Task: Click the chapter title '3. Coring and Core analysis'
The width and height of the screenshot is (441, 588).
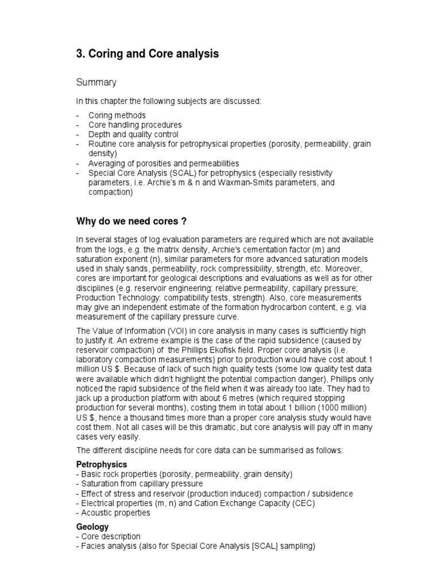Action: [x=148, y=54]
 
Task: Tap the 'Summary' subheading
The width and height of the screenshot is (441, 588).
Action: [x=97, y=83]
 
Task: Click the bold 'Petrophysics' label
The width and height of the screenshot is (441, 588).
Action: [x=102, y=464]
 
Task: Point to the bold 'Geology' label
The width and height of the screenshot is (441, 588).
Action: [x=92, y=527]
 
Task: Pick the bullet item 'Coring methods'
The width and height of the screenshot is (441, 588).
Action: [x=117, y=115]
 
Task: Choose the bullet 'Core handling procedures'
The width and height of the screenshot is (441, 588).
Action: [x=135, y=125]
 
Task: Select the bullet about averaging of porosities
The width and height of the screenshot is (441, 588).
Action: [x=164, y=164]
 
